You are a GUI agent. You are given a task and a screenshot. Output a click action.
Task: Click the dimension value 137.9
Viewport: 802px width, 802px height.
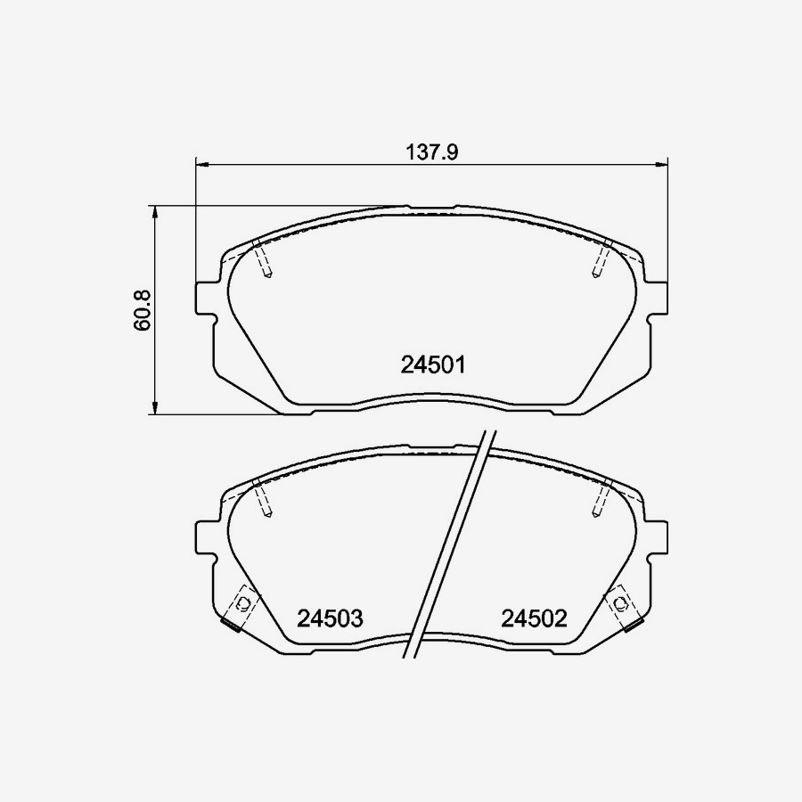pos(432,152)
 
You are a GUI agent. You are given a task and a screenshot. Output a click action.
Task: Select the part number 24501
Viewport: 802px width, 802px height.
pos(434,364)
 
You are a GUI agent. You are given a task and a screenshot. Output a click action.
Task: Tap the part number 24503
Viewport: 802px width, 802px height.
pos(330,618)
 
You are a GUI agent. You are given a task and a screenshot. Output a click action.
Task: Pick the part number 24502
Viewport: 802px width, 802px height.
pos(534,618)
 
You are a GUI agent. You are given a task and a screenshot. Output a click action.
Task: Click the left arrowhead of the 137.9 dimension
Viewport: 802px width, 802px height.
pos(200,164)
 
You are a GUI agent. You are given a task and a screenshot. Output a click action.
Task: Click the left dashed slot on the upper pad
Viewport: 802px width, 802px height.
pos(262,259)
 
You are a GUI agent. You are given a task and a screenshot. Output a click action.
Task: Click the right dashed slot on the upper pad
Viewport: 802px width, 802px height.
pos(600,259)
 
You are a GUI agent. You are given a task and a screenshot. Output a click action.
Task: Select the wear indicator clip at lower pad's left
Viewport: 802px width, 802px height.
pos(238,609)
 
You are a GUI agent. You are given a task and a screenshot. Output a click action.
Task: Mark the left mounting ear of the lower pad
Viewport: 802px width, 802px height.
pos(206,536)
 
